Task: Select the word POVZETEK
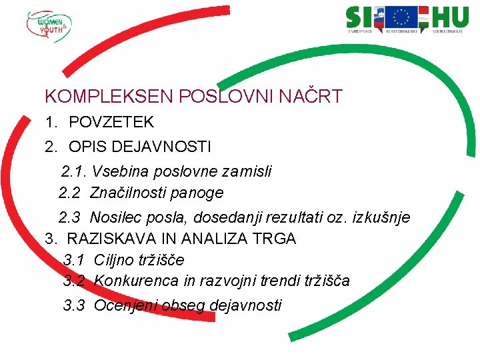pos(111,122)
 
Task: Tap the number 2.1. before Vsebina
pos(74,171)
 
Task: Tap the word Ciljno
pos(114,259)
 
